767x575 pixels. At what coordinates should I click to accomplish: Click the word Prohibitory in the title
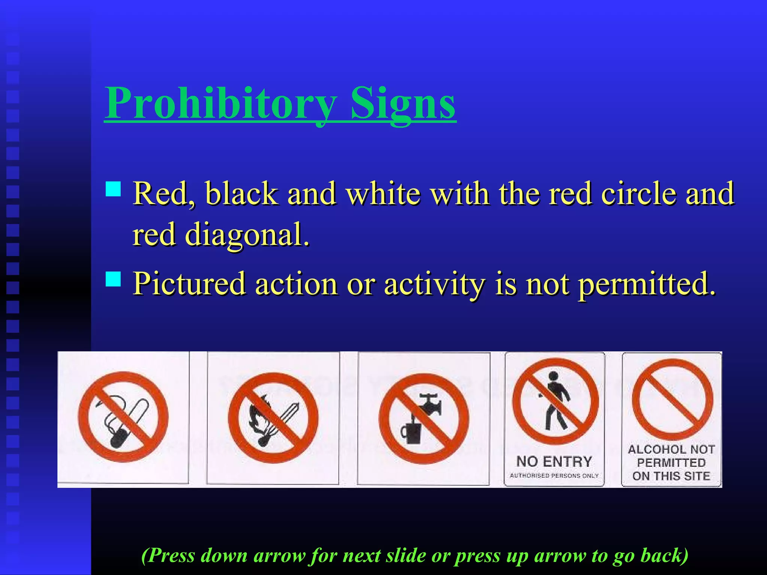[221, 103]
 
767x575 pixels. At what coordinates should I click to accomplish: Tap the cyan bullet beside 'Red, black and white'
[113, 189]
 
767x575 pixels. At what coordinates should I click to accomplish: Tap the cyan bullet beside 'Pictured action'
[113, 279]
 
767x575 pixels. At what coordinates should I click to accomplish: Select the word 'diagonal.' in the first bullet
[247, 235]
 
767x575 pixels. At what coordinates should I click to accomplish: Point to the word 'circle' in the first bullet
[639, 194]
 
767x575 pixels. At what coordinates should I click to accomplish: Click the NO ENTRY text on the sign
[554, 462]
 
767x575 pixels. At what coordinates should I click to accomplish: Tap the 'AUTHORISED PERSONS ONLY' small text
[554, 476]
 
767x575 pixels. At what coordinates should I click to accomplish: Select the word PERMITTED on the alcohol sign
[671, 463]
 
